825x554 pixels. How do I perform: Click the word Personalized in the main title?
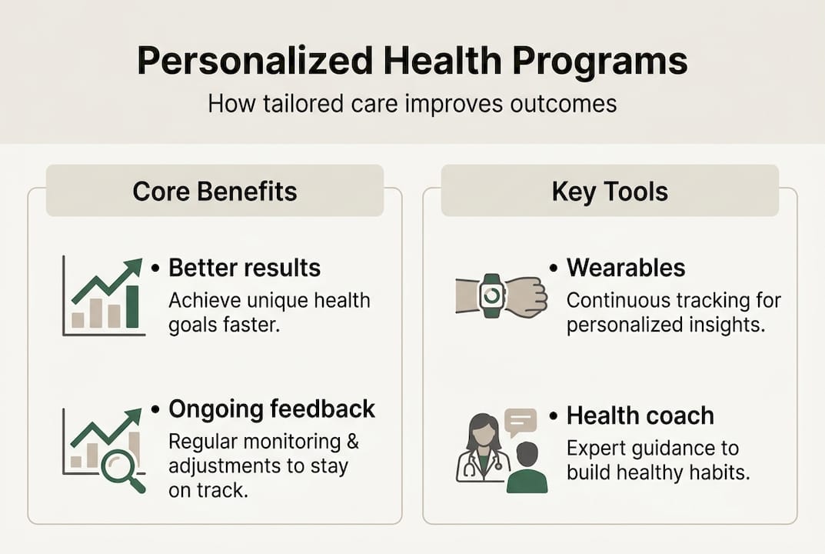pos(255,62)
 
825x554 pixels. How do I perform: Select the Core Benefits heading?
pos(215,191)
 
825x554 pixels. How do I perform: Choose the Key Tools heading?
pos(610,192)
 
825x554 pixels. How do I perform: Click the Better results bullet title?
pos(245,268)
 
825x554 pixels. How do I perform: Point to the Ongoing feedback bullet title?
pos(272,409)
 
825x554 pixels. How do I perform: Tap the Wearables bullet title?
pos(626,268)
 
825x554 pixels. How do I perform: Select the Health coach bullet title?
pos(640,416)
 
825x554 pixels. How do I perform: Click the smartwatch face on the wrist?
pos(492,295)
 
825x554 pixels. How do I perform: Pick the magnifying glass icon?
pos(121,469)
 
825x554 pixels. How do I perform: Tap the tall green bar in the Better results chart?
pos(132,306)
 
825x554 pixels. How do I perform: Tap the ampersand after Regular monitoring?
pos(353,442)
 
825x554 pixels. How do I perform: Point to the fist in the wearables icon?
pos(527,296)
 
